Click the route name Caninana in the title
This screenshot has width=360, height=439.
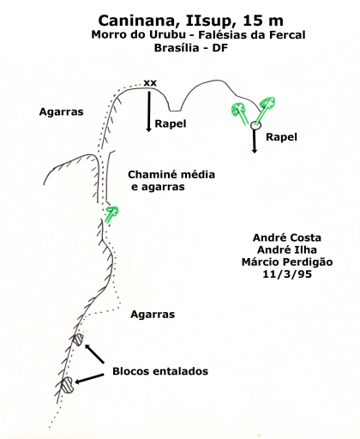click(x=139, y=21)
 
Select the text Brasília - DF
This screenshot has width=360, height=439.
click(x=191, y=48)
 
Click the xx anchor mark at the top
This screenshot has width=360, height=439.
click(x=150, y=83)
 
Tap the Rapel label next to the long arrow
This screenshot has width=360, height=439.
click(x=171, y=124)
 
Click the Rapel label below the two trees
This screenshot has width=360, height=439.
click(x=281, y=137)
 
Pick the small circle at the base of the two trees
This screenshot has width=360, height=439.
click(x=255, y=125)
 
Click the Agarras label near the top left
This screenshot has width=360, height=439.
click(x=61, y=112)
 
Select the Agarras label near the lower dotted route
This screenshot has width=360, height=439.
click(x=153, y=315)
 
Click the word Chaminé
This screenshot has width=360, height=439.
click(x=150, y=175)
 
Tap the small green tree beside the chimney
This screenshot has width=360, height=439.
click(x=111, y=213)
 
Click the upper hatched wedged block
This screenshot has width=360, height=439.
click(x=78, y=340)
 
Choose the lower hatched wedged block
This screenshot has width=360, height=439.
click(x=68, y=385)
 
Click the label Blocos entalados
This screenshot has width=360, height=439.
click(x=160, y=371)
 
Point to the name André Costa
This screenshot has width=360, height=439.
click(x=287, y=238)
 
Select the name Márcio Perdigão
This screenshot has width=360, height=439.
click(x=287, y=262)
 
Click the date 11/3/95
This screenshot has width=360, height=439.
click(x=287, y=274)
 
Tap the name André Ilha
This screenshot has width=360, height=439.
click(x=287, y=250)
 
